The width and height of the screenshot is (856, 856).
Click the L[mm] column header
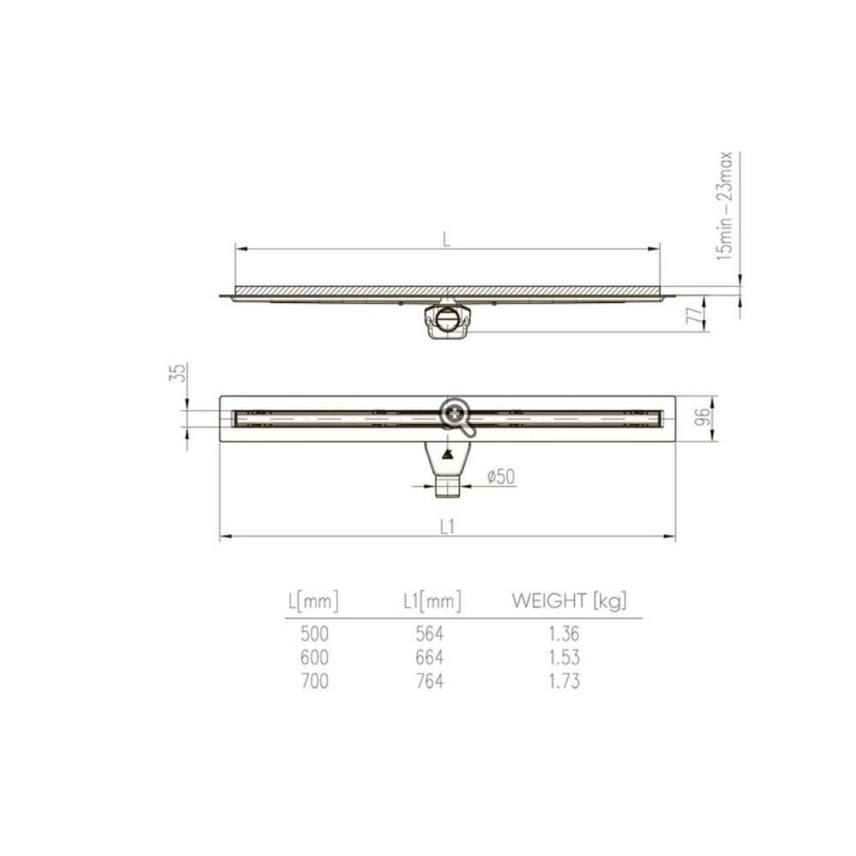tap(312, 602)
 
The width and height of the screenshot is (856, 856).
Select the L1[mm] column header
tap(431, 602)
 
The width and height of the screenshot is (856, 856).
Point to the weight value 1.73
tap(565, 681)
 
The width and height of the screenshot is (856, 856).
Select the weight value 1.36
tap(565, 634)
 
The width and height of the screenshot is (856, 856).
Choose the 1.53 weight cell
tap(565, 657)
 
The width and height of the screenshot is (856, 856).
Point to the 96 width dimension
tap(701, 419)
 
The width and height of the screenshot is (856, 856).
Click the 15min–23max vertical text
tap(726, 205)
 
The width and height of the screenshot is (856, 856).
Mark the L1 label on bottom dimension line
tap(446, 527)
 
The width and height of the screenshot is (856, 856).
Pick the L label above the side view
tap(447, 241)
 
